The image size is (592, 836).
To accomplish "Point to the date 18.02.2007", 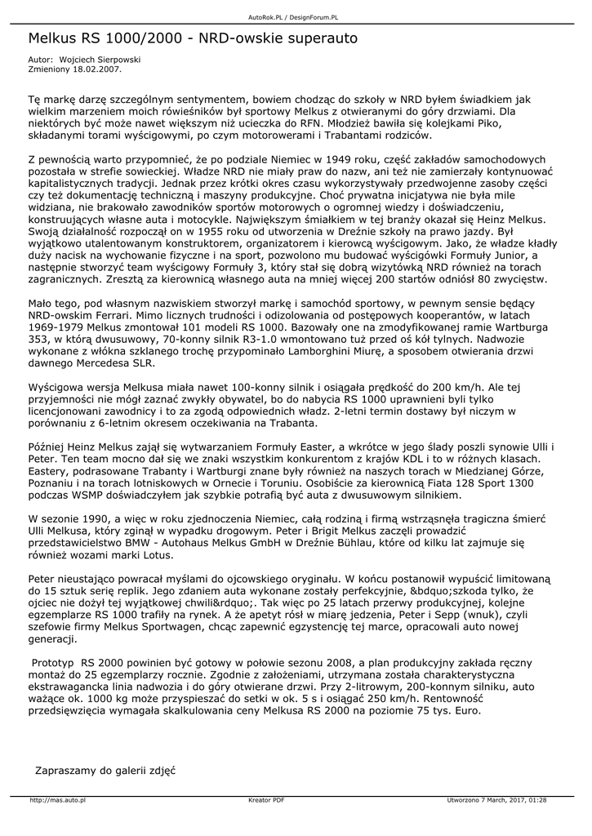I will (x=97, y=69).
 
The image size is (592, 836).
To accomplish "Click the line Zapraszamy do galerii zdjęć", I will (x=105, y=770).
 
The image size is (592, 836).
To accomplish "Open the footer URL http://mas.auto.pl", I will (x=58, y=800).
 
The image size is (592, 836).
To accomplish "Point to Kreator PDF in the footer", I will (x=266, y=800).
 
